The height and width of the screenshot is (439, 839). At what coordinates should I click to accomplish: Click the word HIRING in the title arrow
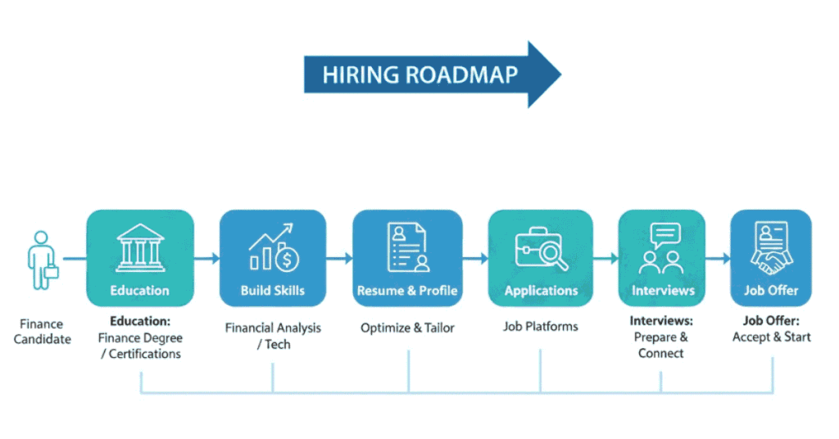(357, 75)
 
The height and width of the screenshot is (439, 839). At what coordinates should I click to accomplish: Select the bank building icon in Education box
(140, 248)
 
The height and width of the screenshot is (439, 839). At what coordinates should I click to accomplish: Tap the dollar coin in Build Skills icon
(288, 260)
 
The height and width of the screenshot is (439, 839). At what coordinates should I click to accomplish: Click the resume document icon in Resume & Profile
(407, 247)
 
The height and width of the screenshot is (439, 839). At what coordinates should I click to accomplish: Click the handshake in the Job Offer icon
(770, 262)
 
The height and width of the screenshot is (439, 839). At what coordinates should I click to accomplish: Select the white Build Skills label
(273, 291)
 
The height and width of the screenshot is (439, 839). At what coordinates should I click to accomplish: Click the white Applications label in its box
(541, 291)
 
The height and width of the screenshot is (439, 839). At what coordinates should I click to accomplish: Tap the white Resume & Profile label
(407, 291)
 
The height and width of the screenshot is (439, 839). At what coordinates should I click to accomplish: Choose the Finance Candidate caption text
(43, 332)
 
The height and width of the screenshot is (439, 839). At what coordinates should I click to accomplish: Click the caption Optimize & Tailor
(407, 328)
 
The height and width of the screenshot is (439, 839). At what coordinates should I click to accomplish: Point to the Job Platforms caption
(541, 327)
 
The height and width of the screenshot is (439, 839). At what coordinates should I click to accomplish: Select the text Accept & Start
(772, 337)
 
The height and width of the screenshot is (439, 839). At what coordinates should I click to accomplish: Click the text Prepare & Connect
(661, 345)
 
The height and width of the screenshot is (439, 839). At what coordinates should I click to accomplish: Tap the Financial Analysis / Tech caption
(273, 336)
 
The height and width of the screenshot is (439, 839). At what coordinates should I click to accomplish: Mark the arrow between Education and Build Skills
(208, 259)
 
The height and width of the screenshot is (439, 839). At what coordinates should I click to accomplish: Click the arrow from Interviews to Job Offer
(719, 259)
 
